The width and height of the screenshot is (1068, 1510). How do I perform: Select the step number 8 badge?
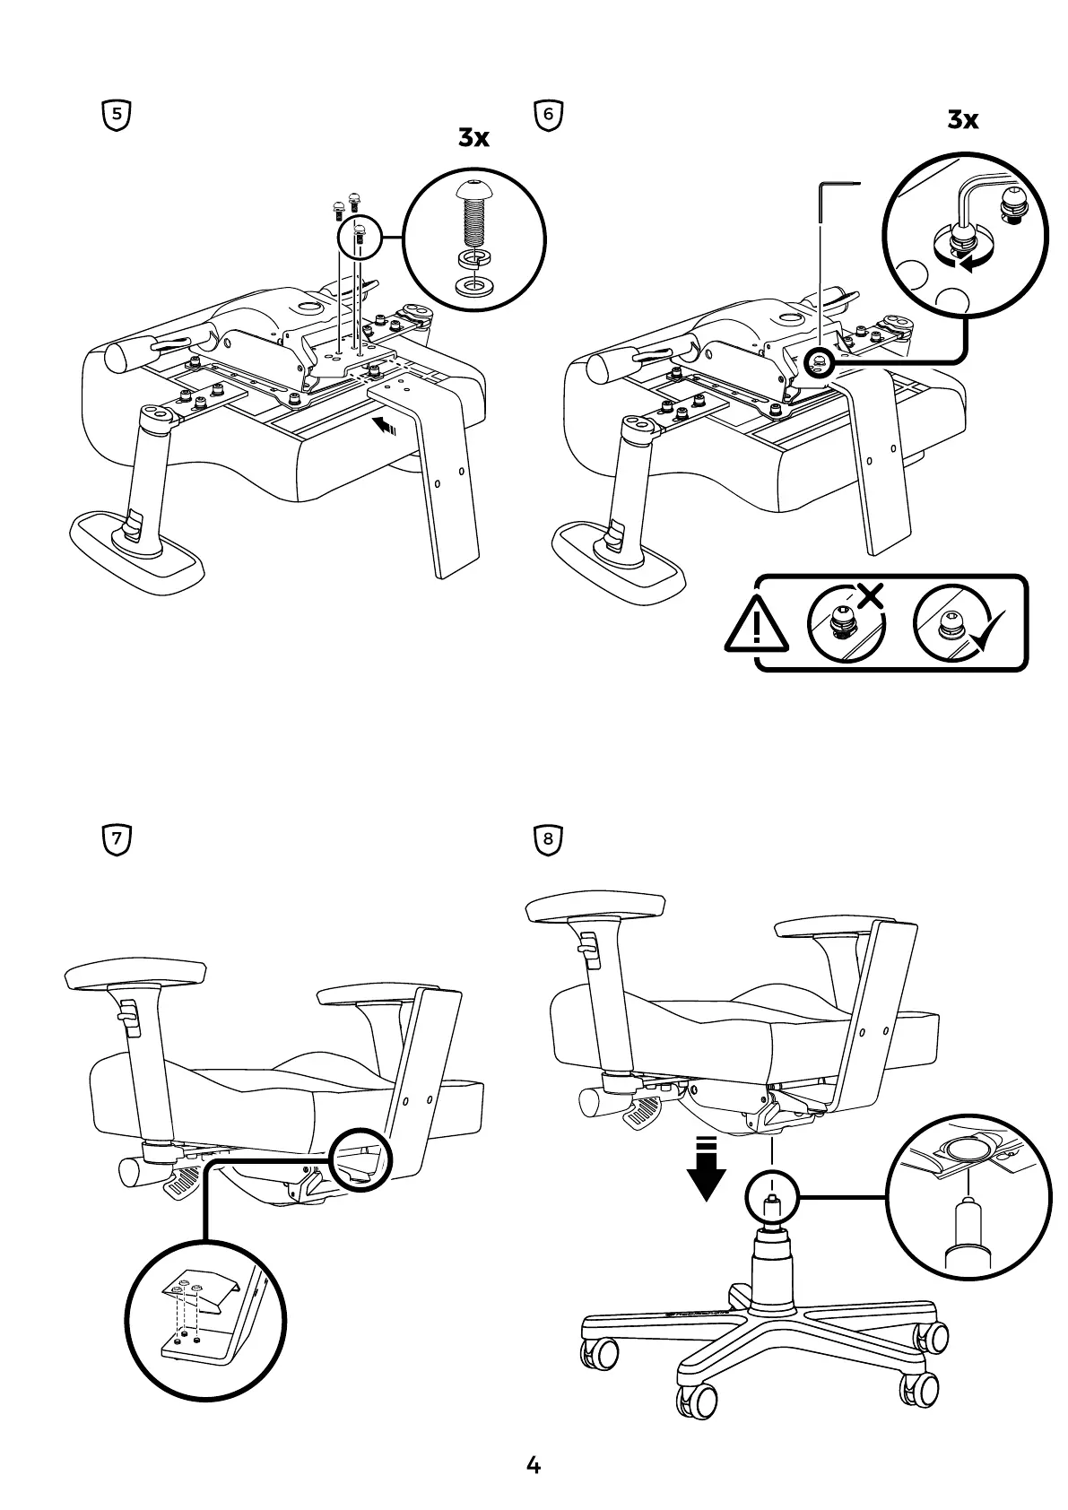coord(547,840)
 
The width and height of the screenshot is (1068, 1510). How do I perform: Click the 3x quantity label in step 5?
coord(473,138)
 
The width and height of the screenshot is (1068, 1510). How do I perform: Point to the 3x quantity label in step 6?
coord(963,119)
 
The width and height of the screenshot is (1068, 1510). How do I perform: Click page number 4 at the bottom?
coord(534,1465)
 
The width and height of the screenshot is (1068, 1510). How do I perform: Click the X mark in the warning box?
coord(868,596)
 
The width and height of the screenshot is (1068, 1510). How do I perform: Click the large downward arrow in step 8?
coord(708,1168)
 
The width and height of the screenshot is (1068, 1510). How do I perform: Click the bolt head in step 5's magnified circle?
coord(473,191)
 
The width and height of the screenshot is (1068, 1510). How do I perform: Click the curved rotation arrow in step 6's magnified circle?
coord(964,262)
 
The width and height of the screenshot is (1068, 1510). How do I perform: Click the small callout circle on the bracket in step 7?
coord(360,1159)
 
